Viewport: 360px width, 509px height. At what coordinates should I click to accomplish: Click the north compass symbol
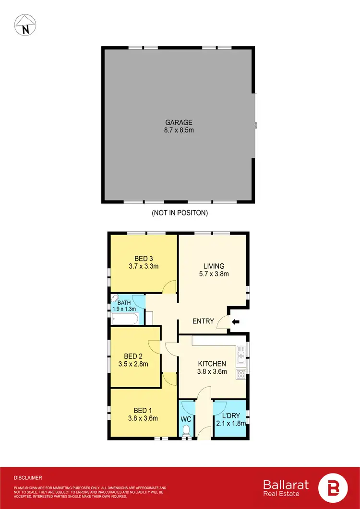(24, 24)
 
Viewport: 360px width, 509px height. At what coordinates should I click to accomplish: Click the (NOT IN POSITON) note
(180, 212)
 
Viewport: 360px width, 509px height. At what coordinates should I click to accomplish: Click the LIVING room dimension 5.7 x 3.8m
(214, 274)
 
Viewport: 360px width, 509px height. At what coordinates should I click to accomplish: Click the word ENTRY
(203, 321)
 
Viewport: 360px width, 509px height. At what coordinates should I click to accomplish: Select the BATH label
(124, 302)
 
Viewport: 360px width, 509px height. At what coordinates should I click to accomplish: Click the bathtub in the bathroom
(125, 318)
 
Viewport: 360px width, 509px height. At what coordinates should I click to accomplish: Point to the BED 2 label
(133, 356)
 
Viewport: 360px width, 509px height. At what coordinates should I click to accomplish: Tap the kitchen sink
(240, 356)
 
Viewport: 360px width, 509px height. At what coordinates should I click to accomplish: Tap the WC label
(186, 419)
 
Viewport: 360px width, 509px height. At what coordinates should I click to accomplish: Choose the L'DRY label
(230, 415)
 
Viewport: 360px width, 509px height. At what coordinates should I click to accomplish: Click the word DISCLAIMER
(28, 478)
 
